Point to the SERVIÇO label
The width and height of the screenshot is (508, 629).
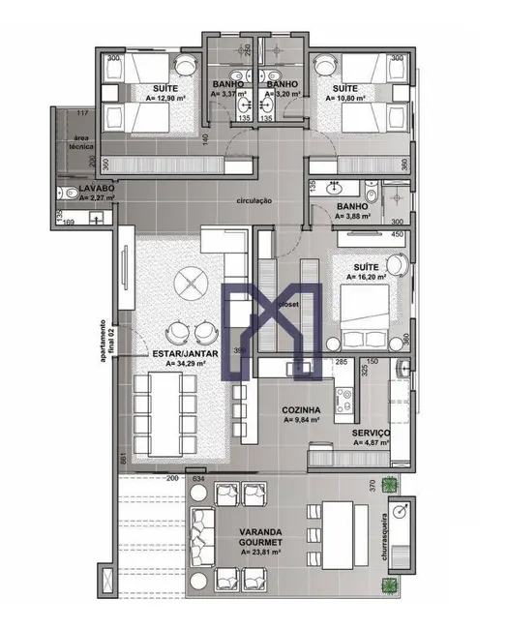pyautogui.click(x=371, y=433)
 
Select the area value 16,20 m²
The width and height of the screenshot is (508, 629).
pyautogui.click(x=366, y=276)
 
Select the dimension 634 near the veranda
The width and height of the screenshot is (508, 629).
pyautogui.click(x=199, y=478)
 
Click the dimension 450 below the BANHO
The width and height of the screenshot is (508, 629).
pyautogui.click(x=397, y=233)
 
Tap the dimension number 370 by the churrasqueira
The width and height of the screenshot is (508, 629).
pyautogui.click(x=371, y=487)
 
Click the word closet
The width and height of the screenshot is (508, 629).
pyautogui.click(x=288, y=304)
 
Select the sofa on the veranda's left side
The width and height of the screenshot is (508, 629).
pyautogui.click(x=204, y=538)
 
